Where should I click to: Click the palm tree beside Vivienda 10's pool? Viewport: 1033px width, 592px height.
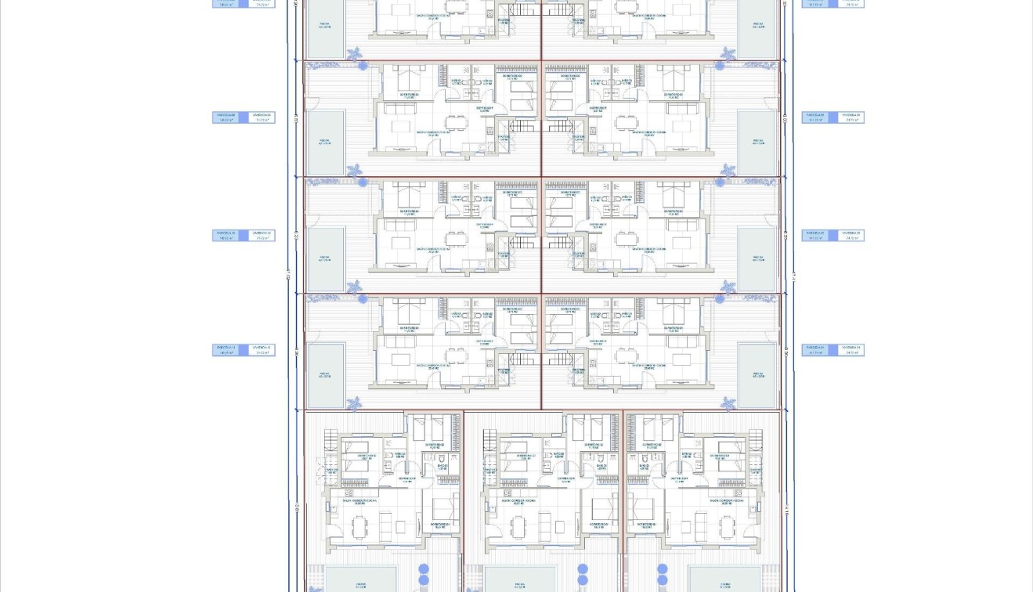click(x=354, y=287)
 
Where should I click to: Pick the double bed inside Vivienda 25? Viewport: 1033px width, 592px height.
click(x=672, y=194)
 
